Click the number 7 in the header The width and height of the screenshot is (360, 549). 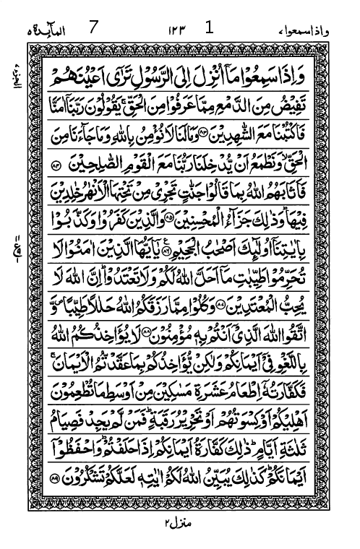click(x=93, y=10)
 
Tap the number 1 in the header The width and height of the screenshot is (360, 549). click(x=209, y=9)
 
